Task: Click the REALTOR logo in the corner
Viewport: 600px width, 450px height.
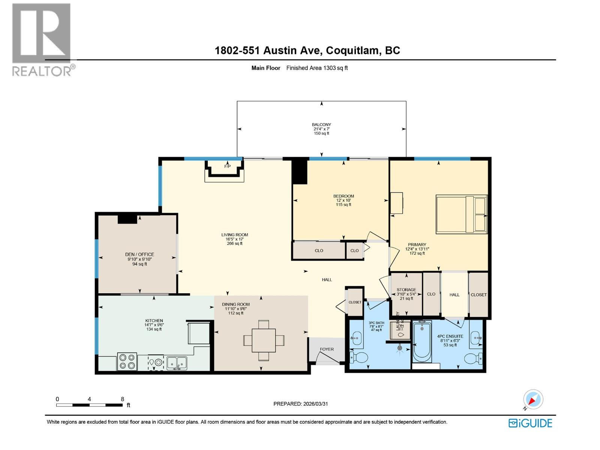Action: (41, 39)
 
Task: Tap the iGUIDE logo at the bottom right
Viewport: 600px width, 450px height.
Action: (530, 423)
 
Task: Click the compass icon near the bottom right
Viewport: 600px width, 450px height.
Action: (533, 399)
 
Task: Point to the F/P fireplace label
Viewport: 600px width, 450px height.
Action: (227, 166)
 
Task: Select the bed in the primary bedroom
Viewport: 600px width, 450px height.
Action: (461, 214)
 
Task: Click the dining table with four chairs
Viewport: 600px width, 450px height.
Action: (264, 340)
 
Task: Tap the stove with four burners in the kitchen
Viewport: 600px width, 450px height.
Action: (127, 361)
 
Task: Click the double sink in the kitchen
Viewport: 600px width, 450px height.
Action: (177, 363)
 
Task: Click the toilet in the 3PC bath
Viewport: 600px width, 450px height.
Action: (358, 357)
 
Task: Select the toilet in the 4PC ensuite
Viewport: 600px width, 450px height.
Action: (473, 358)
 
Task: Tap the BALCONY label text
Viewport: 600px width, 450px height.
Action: (321, 124)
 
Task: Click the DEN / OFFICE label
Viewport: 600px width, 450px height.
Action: (139, 254)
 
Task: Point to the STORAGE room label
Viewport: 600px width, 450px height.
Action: (406, 289)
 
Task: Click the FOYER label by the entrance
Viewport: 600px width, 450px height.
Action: (327, 349)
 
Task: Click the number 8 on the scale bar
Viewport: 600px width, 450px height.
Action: (122, 399)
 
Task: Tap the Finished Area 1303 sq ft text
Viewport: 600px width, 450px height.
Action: (317, 68)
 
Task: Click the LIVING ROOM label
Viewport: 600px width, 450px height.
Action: (234, 235)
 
